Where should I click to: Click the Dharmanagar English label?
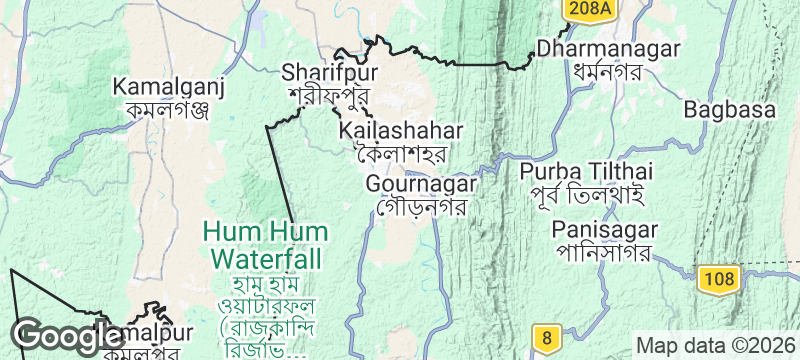[608, 49]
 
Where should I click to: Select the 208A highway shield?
[588, 9]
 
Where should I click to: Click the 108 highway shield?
[718, 276]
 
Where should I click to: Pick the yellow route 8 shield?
[545, 338]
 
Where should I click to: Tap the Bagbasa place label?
[731, 107]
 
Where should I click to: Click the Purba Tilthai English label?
[586, 171]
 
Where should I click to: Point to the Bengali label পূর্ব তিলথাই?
[586, 195]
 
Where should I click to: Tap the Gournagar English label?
[422, 184]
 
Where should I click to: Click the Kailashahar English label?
[400, 131]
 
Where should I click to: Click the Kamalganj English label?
[160, 86]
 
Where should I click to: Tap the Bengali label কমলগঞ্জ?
[160, 109]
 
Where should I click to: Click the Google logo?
[54, 335]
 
